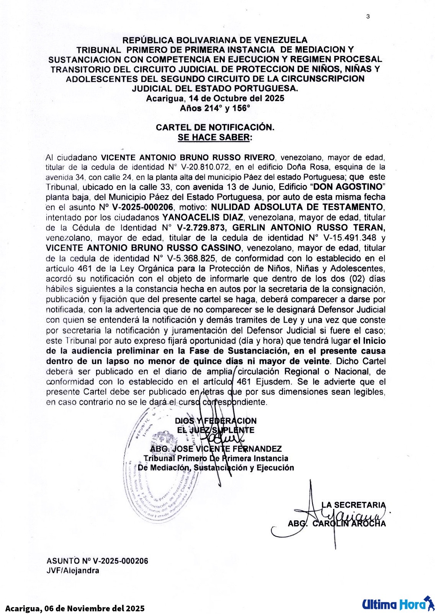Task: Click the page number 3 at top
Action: (x=368, y=16)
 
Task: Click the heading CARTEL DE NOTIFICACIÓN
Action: (x=215, y=127)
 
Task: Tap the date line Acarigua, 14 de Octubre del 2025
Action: (x=215, y=98)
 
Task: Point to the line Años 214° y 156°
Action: (x=215, y=108)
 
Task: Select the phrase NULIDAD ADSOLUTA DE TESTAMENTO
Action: (x=298, y=207)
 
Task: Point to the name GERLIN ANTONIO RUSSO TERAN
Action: (x=312, y=227)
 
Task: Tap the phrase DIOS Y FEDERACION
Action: (x=216, y=421)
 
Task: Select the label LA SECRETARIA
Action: (x=353, y=505)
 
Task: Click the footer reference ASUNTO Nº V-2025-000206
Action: (x=97, y=561)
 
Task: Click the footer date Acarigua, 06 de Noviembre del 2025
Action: (x=75, y=608)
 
